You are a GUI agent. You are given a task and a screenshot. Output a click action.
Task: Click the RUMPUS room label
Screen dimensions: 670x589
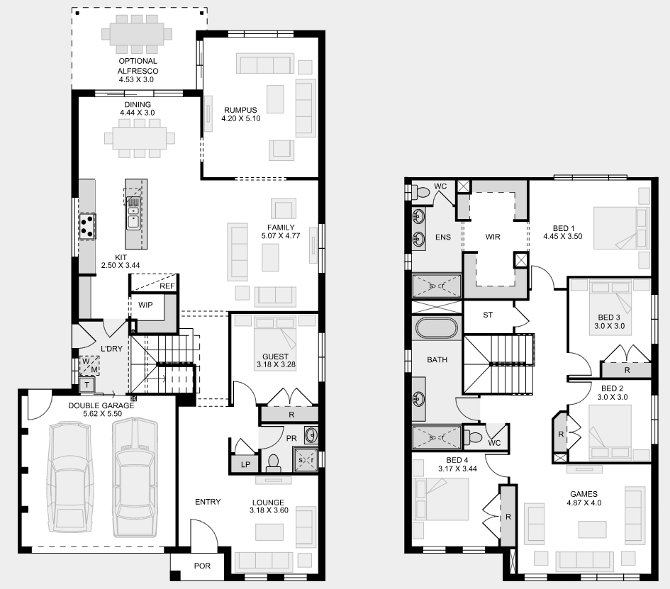[x=240, y=110]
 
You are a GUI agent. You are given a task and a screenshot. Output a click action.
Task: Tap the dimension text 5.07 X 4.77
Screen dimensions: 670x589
[x=281, y=235]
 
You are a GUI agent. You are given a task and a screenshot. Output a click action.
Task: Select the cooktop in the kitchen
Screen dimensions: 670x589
[x=87, y=226]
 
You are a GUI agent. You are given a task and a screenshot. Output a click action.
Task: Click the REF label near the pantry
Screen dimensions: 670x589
[x=167, y=286]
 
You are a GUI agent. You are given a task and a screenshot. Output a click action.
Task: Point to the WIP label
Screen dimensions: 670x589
[x=145, y=305]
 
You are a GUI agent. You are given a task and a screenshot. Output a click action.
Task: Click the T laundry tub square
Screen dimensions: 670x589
[x=86, y=385]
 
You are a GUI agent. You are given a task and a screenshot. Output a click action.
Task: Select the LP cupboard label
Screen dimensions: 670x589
[x=245, y=464]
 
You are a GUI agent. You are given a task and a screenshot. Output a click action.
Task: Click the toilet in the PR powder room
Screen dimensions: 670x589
[x=273, y=463]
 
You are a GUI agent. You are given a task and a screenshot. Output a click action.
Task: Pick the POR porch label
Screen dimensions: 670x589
[x=202, y=566]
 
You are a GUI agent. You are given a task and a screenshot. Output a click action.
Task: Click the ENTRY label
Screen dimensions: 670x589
[x=208, y=502]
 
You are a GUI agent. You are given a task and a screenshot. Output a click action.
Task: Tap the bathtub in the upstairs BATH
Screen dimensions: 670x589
[x=437, y=328]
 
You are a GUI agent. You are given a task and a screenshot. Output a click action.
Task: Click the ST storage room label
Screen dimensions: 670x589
[x=488, y=315]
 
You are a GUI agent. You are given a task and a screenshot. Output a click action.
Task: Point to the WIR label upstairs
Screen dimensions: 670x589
[x=493, y=237]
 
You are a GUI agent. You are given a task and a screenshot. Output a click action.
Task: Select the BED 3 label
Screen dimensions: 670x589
[x=609, y=318]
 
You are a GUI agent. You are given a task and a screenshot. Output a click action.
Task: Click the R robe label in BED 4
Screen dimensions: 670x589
[x=508, y=517]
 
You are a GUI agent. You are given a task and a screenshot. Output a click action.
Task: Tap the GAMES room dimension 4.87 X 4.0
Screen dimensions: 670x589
[x=584, y=503]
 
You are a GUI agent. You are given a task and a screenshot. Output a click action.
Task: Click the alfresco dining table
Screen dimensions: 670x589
[x=137, y=34]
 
